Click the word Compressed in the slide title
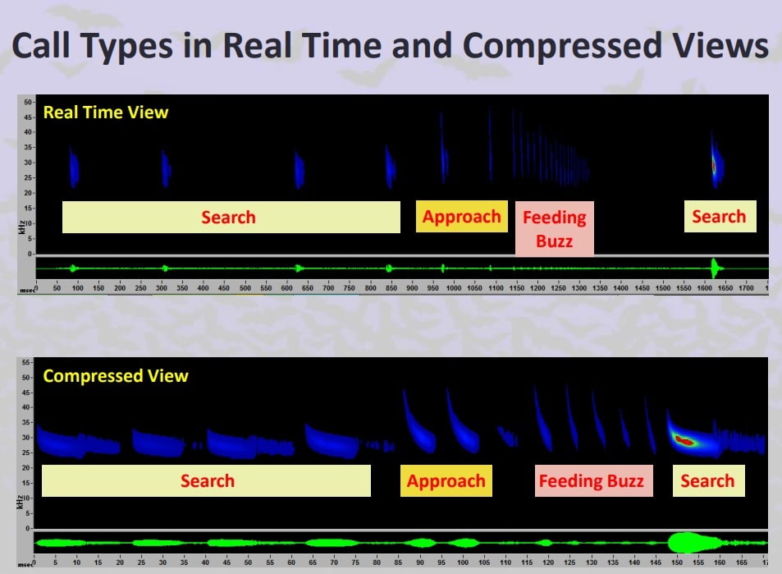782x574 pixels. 562,47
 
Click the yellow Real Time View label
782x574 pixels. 106,113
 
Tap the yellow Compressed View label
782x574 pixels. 116,376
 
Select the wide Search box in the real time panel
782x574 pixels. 231,217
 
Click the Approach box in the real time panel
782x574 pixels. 462,217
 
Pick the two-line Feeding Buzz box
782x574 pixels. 555,228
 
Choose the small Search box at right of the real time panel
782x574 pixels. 720,217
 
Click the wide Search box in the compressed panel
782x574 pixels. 206,480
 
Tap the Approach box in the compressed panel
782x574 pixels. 446,480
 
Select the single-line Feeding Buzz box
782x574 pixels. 593,480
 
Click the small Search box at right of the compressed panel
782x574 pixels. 709,480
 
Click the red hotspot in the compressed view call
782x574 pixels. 684,441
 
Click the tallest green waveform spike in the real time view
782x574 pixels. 715,268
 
